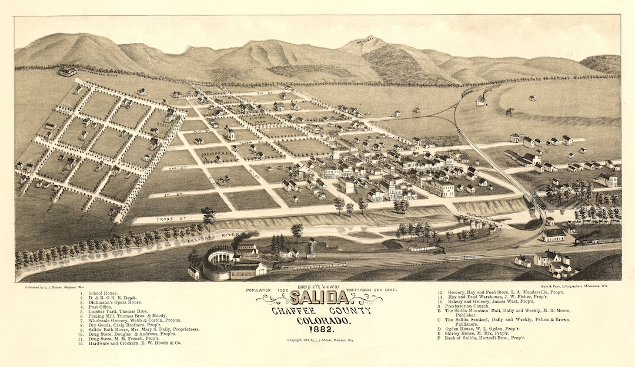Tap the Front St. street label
tap(166, 219)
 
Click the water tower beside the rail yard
tap(311, 248)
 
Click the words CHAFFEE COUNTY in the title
tap(321, 311)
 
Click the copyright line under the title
tap(320, 340)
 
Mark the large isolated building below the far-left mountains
tap(67, 71)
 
